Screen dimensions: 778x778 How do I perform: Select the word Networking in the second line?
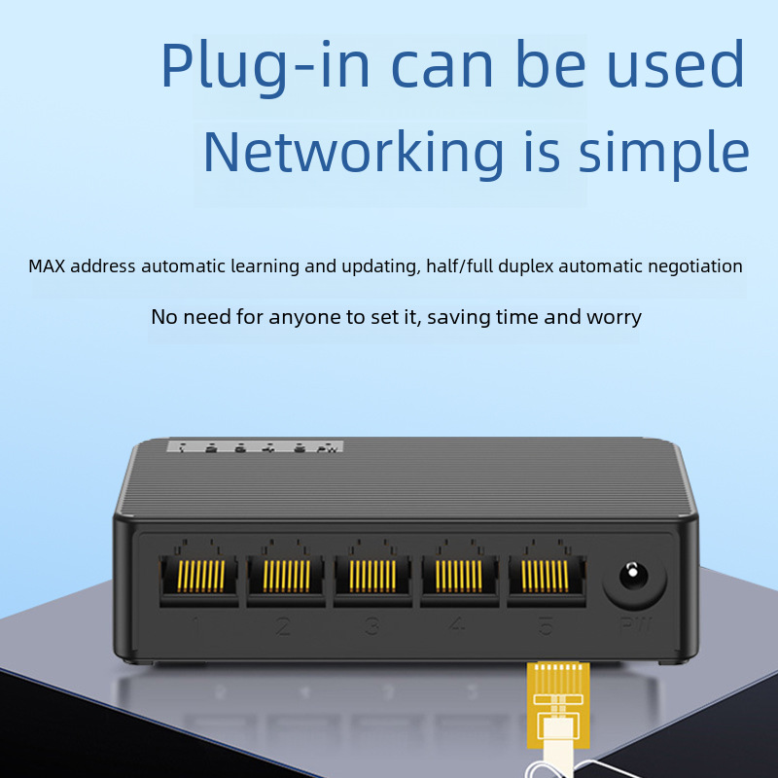(x=353, y=152)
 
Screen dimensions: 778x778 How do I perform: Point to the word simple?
(x=664, y=154)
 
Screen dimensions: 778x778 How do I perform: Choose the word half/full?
(x=460, y=266)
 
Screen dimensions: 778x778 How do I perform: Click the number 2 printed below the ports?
(x=283, y=626)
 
